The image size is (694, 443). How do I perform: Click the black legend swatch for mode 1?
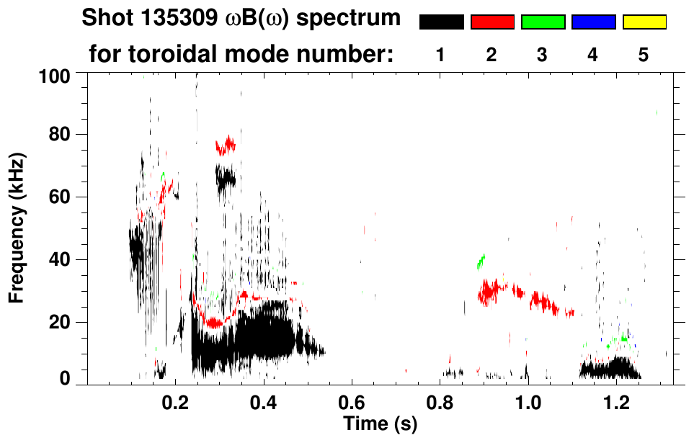coord(441,22)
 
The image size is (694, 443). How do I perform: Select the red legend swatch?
coord(492,22)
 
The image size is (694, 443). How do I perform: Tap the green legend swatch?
coord(543,22)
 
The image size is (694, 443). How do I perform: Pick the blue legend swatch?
coord(593,22)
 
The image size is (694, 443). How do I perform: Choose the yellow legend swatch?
coord(644,22)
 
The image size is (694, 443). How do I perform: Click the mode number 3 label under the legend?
coord(543,55)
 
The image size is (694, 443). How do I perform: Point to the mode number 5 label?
coord(644,55)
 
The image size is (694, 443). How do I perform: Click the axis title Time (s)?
coord(380,424)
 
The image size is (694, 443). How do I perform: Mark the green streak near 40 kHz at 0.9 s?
coord(481,261)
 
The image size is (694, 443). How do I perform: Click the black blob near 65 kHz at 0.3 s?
coord(226,176)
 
